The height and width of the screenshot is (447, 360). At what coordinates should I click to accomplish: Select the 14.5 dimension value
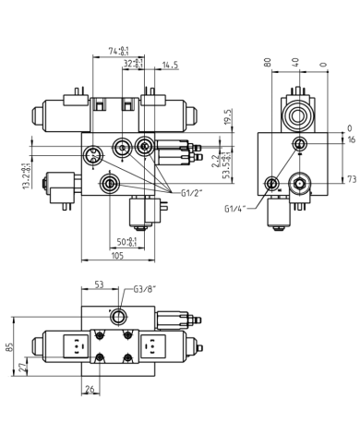coord(170,65)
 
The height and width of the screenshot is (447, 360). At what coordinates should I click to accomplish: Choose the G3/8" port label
coord(145,289)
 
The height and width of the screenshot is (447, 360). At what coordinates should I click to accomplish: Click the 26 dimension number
coord(90,390)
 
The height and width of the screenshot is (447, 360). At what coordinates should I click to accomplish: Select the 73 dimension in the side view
coord(350,179)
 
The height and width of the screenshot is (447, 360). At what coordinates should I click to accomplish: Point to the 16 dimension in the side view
coord(350,139)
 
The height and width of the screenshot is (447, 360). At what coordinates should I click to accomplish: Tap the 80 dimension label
coord(268,63)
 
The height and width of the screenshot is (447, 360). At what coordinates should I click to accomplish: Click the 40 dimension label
coord(294,63)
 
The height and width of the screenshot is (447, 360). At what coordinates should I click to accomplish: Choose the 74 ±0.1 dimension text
coord(118,51)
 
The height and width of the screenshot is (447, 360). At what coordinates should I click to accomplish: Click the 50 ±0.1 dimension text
coord(127,242)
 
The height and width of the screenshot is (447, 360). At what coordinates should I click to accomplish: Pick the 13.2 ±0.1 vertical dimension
coord(25,175)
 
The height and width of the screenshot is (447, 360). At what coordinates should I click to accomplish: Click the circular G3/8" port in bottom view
coord(118,317)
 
